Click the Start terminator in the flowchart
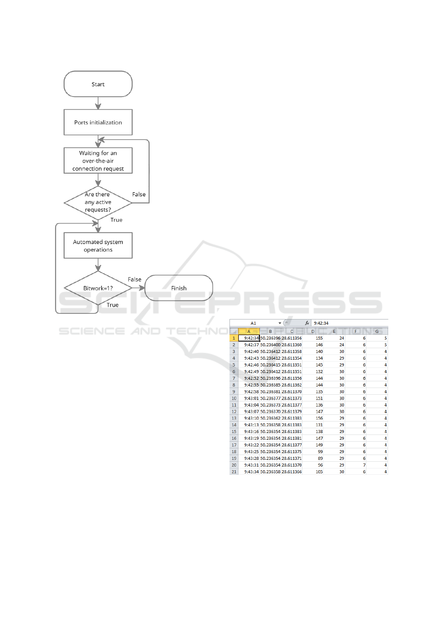pyautogui.click(x=98, y=84)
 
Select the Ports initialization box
pyautogui.click(x=98, y=122)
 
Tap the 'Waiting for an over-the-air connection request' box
pyautogui.click(x=98, y=160)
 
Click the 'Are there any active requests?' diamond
pyautogui.click(x=98, y=202)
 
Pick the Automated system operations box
pyautogui.click(x=98, y=245)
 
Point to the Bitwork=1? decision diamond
pyautogui.click(x=98, y=288)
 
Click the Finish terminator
pyautogui.click(x=179, y=288)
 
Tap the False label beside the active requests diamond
pyautogui.click(x=139, y=194)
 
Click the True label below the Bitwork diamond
pyautogui.click(x=112, y=305)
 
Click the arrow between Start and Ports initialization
pyautogui.click(x=98, y=103)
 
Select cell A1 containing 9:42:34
pyautogui.click(x=249, y=338)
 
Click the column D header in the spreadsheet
pyautogui.click(x=313, y=331)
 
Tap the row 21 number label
pyautogui.click(x=234, y=472)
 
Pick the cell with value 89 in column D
pyautogui.click(x=320, y=458)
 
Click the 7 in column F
pyautogui.click(x=364, y=465)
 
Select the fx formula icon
pyautogui.click(x=307, y=323)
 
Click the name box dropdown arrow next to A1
pyautogui.click(x=280, y=323)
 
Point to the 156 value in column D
pyautogui.click(x=319, y=418)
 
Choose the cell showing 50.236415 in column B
pyautogui.click(x=270, y=365)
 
